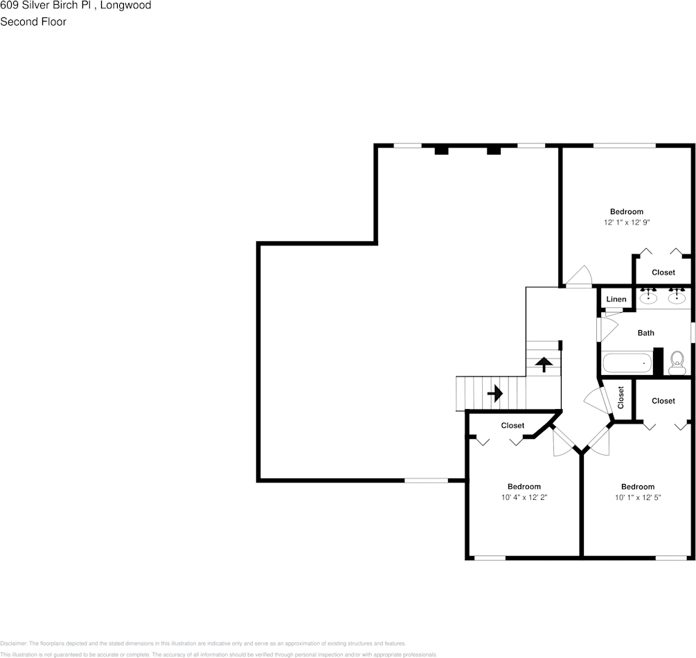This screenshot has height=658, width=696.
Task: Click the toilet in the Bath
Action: pyautogui.click(x=677, y=359)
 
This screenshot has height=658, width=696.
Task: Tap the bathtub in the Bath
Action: pyautogui.click(x=627, y=363)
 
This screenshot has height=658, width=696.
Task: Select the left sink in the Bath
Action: pyautogui.click(x=648, y=297)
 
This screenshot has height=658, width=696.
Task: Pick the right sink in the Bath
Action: pyautogui.click(x=677, y=297)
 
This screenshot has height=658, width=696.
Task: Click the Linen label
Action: pyautogui.click(x=616, y=300)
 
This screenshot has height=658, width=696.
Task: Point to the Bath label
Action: pyautogui.click(x=645, y=333)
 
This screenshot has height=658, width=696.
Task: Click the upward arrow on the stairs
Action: pyautogui.click(x=544, y=364)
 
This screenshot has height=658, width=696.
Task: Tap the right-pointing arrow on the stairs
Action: pyautogui.click(x=494, y=394)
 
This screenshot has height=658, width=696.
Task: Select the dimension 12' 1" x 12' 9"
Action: pyautogui.click(x=626, y=223)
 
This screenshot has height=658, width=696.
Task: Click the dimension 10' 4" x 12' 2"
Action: pyautogui.click(x=524, y=497)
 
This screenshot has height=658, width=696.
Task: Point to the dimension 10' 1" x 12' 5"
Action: pyautogui.click(x=637, y=497)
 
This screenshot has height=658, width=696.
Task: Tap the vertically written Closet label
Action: pyautogui.click(x=621, y=397)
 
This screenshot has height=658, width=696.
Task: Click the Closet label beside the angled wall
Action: pyautogui.click(x=512, y=426)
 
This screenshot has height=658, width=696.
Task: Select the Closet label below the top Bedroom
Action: pyautogui.click(x=663, y=272)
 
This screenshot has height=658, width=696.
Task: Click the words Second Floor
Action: pyautogui.click(x=33, y=21)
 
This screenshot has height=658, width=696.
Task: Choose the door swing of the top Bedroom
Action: pyautogui.click(x=578, y=278)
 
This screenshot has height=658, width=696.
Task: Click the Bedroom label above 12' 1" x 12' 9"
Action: pyautogui.click(x=626, y=211)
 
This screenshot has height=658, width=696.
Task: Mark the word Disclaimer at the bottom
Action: pyautogui.click(x=13, y=643)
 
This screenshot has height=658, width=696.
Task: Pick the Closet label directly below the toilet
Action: pyautogui.click(x=663, y=401)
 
